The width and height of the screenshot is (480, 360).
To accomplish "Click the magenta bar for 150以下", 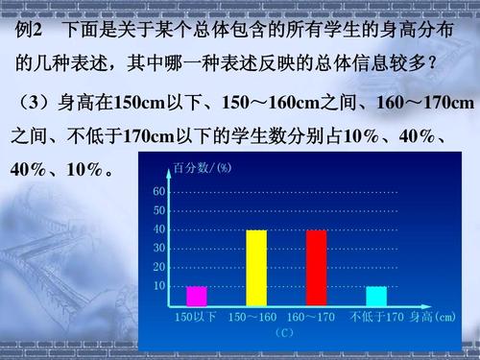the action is click(197, 297).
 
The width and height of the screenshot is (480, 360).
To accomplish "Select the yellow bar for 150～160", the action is click(256, 268).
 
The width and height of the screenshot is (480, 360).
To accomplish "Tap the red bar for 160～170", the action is click(316, 268).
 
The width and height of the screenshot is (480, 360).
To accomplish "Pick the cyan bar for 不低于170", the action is click(376, 297).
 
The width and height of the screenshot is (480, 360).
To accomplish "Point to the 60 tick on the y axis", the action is click(159, 192).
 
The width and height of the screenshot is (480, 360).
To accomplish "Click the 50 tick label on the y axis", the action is click(159, 210).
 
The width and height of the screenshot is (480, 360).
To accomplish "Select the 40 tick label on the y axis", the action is click(159, 229).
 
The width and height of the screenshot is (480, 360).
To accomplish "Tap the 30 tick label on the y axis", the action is click(159, 249).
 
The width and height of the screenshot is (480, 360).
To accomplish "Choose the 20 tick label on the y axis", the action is click(159, 267).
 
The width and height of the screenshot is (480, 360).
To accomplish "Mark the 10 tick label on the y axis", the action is click(159, 286).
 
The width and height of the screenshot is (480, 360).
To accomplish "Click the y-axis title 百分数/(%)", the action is click(203, 168).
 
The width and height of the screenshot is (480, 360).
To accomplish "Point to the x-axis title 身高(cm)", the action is click(433, 317).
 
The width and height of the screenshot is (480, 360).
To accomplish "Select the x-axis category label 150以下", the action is click(196, 317).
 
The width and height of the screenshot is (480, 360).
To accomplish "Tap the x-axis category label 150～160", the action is click(252, 317).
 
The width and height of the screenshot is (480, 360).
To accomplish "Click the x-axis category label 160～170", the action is click(311, 317).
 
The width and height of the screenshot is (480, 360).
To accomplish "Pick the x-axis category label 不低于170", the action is click(377, 317).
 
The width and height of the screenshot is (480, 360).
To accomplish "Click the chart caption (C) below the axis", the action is click(284, 333).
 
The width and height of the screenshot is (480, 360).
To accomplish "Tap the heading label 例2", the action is click(29, 30).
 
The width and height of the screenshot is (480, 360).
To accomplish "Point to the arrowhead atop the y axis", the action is click(169, 174).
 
